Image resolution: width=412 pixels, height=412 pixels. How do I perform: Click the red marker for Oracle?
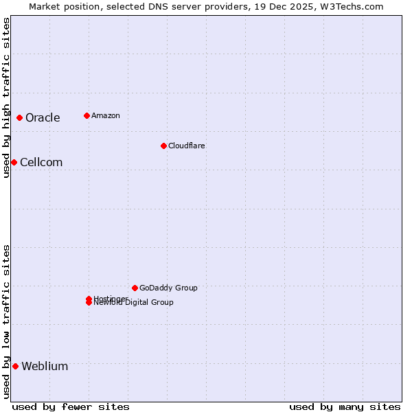point(20,117)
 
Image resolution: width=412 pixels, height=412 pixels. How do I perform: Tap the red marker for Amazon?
point(87,115)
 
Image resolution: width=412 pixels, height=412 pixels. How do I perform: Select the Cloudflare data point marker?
point(163,146)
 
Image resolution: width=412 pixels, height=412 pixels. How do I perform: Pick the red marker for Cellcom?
point(14,162)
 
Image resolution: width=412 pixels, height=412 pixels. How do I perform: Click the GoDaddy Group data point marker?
point(135,288)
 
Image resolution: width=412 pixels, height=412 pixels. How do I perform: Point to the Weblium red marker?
point(15,366)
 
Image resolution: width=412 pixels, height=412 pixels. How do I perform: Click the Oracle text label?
point(43,117)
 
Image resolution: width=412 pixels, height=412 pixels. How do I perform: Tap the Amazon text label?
point(105,115)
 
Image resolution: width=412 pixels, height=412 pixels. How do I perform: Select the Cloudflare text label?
point(186,146)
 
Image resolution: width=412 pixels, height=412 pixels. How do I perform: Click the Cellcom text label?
point(41,162)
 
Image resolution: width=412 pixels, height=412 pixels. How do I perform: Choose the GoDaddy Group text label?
point(168,288)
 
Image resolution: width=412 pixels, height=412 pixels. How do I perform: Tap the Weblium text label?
point(45,366)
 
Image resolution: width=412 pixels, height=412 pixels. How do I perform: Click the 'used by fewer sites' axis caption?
point(71,407)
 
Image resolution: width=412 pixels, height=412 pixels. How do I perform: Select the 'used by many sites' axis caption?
point(345,407)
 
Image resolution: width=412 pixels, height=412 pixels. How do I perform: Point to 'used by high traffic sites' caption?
point(6,98)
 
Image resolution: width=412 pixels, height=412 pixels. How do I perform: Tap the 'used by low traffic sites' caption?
point(6,321)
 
